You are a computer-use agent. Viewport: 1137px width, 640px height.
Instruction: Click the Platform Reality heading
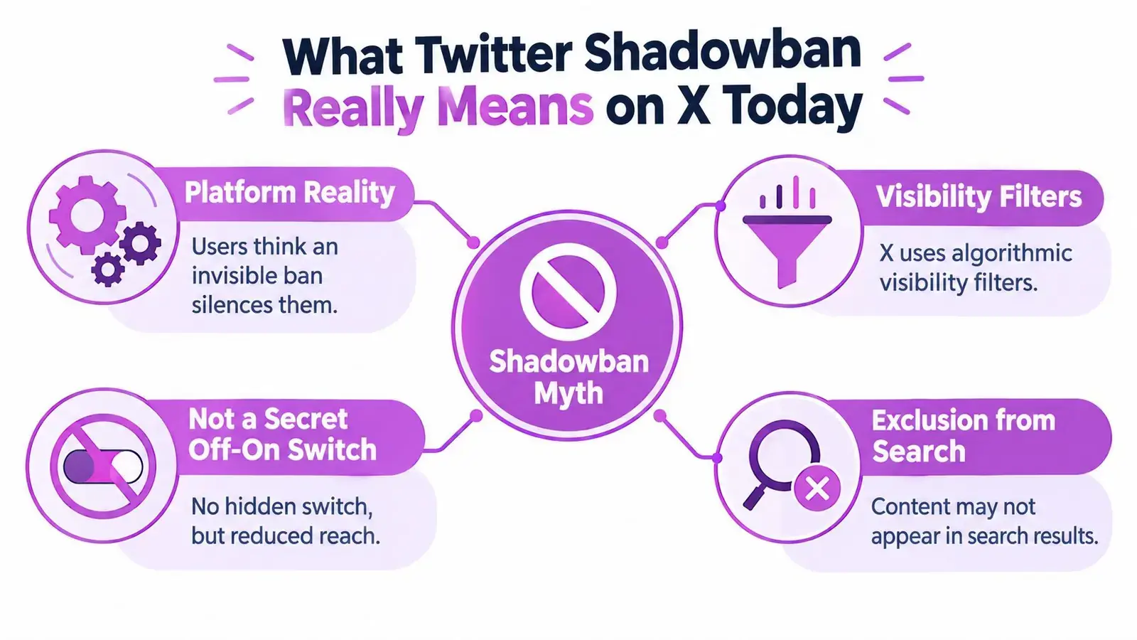coord(289,193)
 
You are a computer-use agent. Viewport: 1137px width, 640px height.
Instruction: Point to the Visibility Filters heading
coord(978,197)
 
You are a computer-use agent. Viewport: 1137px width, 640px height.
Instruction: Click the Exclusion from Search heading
coord(964,436)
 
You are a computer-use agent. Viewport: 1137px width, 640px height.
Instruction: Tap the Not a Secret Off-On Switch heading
coord(282,434)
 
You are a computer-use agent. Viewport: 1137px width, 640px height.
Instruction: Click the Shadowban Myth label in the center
coord(568,377)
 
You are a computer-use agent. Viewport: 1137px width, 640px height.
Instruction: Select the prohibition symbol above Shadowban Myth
coord(568,292)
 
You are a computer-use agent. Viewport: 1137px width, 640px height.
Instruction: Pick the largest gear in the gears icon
coord(87,214)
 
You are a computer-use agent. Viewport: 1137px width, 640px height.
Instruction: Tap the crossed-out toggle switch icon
coord(103,466)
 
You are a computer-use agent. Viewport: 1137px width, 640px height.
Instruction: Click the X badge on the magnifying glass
coord(817,489)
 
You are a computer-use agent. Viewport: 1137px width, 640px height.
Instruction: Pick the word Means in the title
coord(514,107)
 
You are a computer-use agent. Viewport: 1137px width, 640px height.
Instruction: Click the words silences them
coord(264,305)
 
